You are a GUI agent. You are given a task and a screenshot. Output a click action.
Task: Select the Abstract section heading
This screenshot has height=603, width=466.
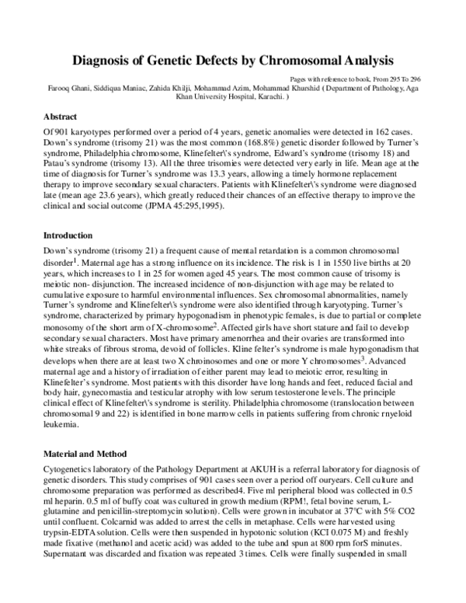[x=61, y=117]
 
